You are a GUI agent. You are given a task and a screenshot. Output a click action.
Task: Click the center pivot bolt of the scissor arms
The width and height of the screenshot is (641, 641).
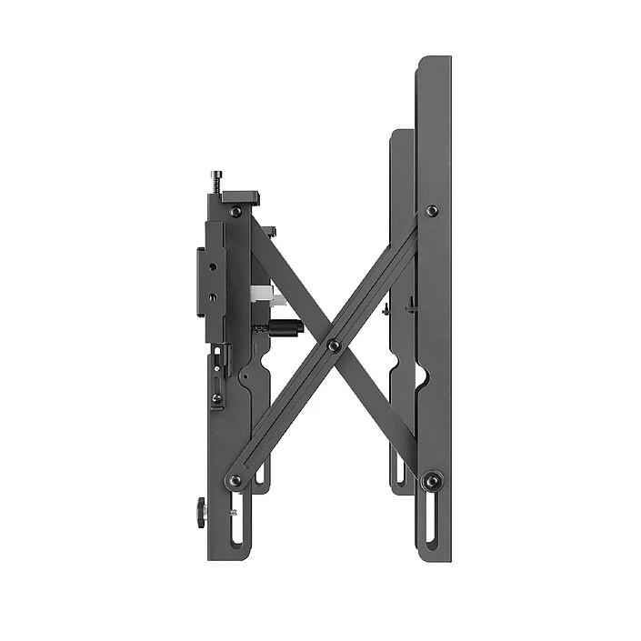tap(334, 346)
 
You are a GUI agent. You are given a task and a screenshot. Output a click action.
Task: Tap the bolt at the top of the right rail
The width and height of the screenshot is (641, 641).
tap(432, 211)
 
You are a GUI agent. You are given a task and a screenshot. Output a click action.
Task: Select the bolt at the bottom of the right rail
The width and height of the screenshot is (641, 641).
tap(432, 479)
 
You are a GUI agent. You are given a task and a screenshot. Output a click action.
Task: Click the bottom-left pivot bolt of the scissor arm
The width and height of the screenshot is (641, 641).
tap(235, 480)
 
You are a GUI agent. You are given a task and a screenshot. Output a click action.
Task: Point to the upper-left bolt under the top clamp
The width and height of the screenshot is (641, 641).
tap(235, 212)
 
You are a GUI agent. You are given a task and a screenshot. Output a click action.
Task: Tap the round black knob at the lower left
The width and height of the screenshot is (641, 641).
tap(201, 513)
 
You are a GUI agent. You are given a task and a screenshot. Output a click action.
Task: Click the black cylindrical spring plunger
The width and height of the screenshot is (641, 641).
tap(285, 326)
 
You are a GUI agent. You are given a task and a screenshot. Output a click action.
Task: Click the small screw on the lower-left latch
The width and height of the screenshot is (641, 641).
tap(216, 397)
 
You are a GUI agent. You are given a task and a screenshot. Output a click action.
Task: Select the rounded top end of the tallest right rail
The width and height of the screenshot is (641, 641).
tap(434, 64)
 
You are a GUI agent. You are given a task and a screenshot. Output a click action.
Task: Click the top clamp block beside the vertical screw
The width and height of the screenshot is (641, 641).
tap(241, 197)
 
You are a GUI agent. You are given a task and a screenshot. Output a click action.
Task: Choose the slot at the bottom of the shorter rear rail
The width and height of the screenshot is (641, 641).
tap(399, 469)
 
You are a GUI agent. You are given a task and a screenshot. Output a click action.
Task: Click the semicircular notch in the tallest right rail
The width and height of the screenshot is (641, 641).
tap(420, 375)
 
